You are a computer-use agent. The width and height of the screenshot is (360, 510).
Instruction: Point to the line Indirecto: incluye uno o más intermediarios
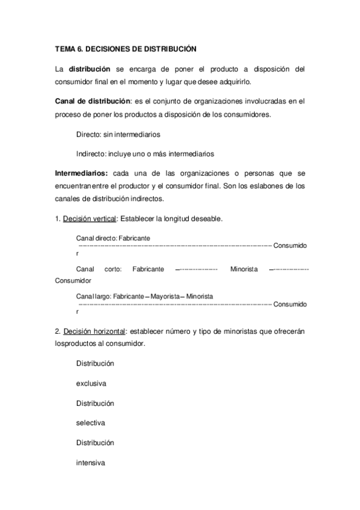click(145, 153)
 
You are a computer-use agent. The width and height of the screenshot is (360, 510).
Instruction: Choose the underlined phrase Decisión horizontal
click(94, 331)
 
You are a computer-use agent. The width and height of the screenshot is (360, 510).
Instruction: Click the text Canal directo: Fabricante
click(114, 238)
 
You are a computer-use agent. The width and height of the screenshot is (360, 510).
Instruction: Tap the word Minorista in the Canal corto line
click(244, 269)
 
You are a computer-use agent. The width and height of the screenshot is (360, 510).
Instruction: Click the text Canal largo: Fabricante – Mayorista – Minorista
click(145, 296)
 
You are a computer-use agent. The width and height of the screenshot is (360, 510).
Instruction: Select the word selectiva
click(91, 423)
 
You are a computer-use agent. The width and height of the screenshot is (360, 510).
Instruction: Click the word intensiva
click(91, 463)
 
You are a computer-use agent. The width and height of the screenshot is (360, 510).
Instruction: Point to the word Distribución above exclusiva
click(95, 364)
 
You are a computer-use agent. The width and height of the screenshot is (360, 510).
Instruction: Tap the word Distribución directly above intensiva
click(95, 443)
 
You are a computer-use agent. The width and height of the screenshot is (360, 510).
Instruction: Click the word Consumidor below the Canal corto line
click(73, 280)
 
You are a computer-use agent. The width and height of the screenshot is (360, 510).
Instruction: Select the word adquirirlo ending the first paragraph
click(232, 81)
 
